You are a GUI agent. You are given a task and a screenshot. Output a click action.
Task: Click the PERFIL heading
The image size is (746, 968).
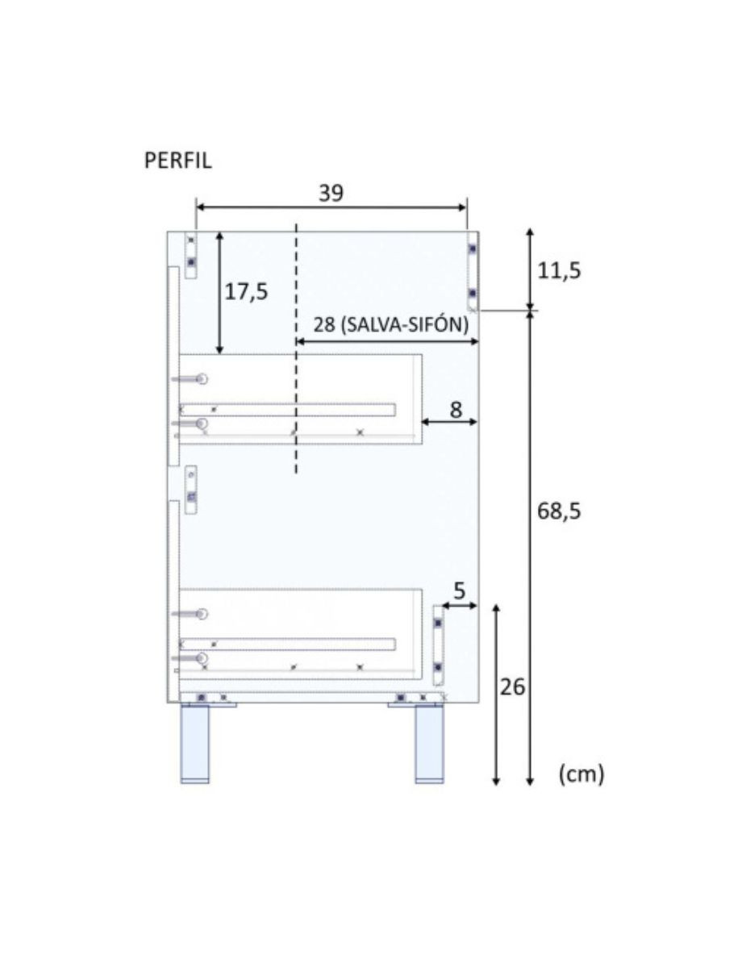[x=177, y=161]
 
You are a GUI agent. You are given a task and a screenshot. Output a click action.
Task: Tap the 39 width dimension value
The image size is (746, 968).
[x=331, y=193]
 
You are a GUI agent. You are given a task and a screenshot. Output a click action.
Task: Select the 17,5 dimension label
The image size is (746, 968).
[x=246, y=292]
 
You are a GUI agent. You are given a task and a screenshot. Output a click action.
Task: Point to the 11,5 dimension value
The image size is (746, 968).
[x=559, y=271]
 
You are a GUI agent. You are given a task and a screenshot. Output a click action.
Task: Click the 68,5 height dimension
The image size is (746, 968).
[x=559, y=511]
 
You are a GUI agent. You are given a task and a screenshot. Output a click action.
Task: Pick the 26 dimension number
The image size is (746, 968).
[x=512, y=687]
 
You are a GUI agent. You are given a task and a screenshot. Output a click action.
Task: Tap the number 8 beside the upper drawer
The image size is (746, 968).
[x=456, y=410]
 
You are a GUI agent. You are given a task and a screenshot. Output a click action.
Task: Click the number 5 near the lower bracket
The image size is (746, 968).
[x=459, y=591]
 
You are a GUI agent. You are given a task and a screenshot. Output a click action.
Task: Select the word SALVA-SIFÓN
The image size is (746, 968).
[x=407, y=325]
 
